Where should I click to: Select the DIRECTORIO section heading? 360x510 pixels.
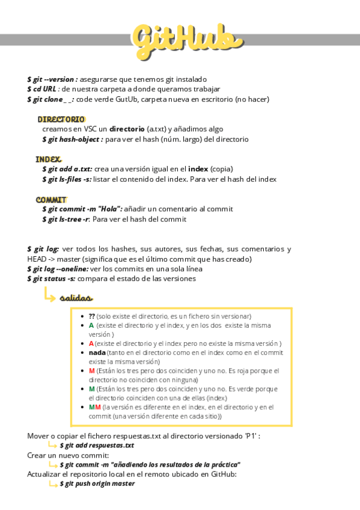[x=61, y=119]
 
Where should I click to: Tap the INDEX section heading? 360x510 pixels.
[x=48, y=159]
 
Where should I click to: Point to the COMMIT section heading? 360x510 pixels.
[x=51, y=199]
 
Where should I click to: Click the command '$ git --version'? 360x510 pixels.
[x=52, y=79]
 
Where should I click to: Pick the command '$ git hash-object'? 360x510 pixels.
[x=72, y=139]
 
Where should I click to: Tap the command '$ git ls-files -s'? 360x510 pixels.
[x=67, y=179]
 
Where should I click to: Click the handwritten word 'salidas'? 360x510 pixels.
[x=76, y=298]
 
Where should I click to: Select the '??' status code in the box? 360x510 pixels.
[x=92, y=316]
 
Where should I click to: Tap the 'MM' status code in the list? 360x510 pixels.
[x=94, y=407]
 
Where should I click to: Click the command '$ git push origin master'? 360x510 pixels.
[x=97, y=483]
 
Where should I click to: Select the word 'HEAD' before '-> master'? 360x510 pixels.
[x=37, y=259]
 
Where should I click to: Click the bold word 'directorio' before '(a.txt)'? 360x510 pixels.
[x=127, y=129]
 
